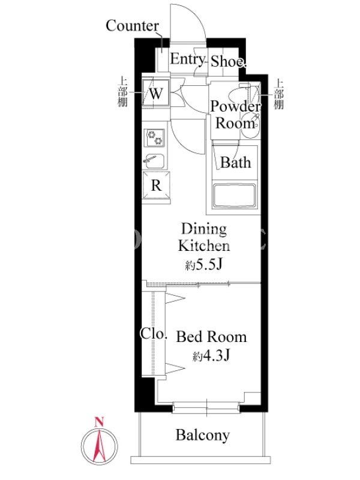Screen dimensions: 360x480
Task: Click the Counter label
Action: (132, 26)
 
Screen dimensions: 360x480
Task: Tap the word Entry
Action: (187, 59)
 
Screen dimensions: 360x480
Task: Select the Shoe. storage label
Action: (228, 61)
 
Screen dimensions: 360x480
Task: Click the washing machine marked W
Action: (156, 93)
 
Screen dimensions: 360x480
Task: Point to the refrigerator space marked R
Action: (156, 185)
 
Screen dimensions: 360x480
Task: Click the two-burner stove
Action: (154, 137)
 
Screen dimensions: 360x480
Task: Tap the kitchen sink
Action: (155, 161)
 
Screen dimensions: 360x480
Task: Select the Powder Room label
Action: (235, 115)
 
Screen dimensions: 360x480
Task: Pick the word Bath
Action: (235, 162)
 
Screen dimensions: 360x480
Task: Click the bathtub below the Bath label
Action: (234, 196)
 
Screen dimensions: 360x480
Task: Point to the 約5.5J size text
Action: (203, 265)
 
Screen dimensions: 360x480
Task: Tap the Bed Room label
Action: (211, 337)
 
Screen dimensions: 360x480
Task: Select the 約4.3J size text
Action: (211, 355)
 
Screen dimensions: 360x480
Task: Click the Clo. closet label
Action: (154, 333)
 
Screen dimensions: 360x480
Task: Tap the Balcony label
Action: (203, 434)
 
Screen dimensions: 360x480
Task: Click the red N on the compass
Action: (99, 422)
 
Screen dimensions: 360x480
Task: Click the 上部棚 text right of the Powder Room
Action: (278, 95)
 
